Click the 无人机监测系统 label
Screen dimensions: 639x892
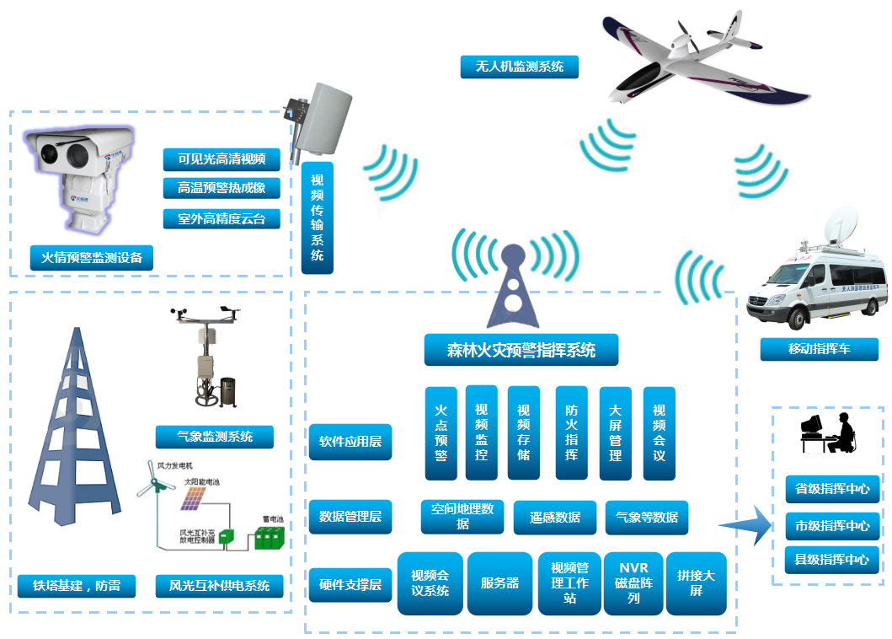click(519, 67)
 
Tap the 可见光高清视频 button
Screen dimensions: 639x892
click(222, 159)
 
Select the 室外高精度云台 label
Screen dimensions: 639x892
click(222, 218)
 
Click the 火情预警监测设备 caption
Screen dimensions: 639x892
click(92, 257)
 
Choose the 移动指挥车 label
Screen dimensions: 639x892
click(819, 349)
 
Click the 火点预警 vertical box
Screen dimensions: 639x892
click(441, 432)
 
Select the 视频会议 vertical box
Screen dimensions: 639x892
click(659, 432)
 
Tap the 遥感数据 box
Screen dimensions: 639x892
click(555, 518)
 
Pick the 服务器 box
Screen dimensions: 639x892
click(500, 583)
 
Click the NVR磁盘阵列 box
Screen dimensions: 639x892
click(633, 583)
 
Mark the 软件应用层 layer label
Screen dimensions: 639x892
click(350, 441)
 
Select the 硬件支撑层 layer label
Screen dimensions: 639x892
click(350, 583)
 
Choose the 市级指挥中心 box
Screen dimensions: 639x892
click(832, 525)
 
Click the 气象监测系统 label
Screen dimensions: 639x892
click(215, 437)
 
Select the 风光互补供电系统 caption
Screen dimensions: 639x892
click(219, 585)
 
